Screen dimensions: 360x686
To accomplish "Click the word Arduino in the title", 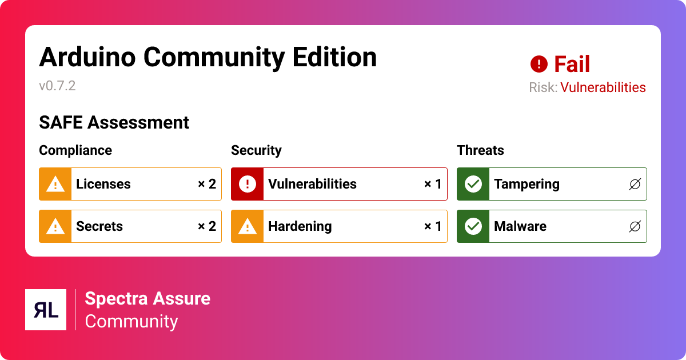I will click(87, 57).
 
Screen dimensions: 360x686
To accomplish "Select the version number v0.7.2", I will click(57, 86).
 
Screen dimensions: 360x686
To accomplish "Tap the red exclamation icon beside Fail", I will click(539, 64).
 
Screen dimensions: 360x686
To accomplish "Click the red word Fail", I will click(572, 65).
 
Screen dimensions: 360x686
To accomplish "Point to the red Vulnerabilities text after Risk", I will click(603, 87).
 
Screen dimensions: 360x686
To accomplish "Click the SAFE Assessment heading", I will click(114, 122).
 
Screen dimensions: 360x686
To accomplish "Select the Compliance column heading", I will click(75, 150).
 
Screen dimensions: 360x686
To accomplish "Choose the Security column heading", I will click(256, 150).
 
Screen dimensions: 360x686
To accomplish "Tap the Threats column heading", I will click(480, 150).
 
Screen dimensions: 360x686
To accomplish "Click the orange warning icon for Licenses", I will click(55, 184).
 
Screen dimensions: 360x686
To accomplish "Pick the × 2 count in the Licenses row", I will click(206, 184).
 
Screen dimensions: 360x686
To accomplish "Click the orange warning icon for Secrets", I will click(55, 226).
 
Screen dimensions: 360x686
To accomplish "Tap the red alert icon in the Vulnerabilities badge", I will click(247, 184).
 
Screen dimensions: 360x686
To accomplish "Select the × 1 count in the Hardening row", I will click(432, 226).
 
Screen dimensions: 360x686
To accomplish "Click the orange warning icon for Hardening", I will click(247, 226).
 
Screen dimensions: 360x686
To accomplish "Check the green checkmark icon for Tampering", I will click(473, 184).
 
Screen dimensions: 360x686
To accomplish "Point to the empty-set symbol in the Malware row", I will click(635, 226).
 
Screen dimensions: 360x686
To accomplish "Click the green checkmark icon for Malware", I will click(473, 226).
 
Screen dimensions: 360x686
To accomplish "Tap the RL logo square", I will click(46, 310).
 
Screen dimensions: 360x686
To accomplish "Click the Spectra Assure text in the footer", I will click(147, 298).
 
